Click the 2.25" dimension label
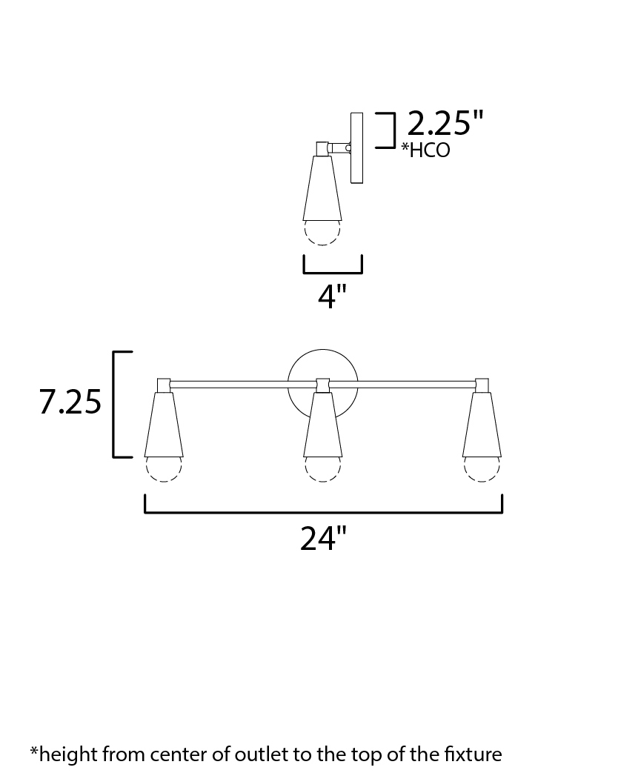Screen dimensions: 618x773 pyautogui.click(x=445, y=123)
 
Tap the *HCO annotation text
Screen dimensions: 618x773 pyautogui.click(x=426, y=150)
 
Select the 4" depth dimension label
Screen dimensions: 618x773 pyautogui.click(x=333, y=296)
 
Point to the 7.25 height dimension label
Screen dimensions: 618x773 pyautogui.click(x=70, y=401)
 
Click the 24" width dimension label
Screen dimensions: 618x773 pyautogui.click(x=324, y=538)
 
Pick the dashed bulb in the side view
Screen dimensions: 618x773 pyautogui.click(x=322, y=233)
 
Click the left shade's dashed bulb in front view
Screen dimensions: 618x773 pyautogui.click(x=164, y=469)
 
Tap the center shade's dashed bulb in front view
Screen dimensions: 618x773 pyautogui.click(x=322, y=469)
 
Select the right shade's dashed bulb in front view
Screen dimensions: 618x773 pyautogui.click(x=482, y=469)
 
